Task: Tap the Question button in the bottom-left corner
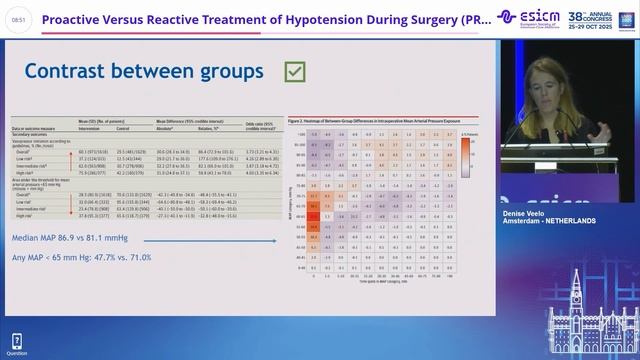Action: pyautogui.click(x=16, y=345)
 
